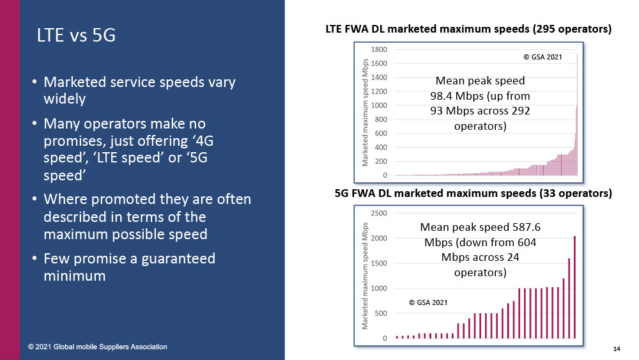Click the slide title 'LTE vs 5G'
click(76, 36)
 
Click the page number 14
click(617, 348)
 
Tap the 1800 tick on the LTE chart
click(380, 49)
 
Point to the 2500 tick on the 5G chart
click(378, 213)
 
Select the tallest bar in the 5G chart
click(574, 287)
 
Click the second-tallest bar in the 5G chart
click(569, 298)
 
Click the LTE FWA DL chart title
click(468, 29)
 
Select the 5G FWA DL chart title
click(473, 192)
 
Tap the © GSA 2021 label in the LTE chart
click(542, 58)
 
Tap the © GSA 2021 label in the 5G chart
click(427, 301)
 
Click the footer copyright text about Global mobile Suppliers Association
click(98, 347)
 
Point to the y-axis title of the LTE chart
click(366, 111)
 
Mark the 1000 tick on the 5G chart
click(378, 288)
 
